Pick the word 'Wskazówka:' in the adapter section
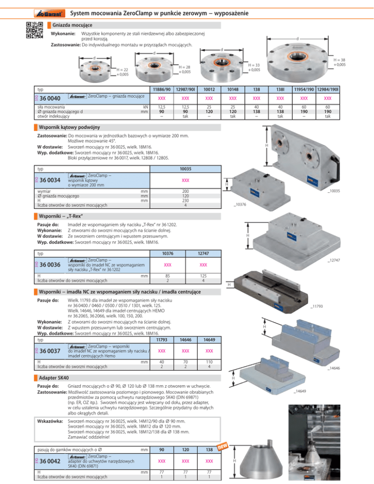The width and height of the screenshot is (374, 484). tap(52, 421)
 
